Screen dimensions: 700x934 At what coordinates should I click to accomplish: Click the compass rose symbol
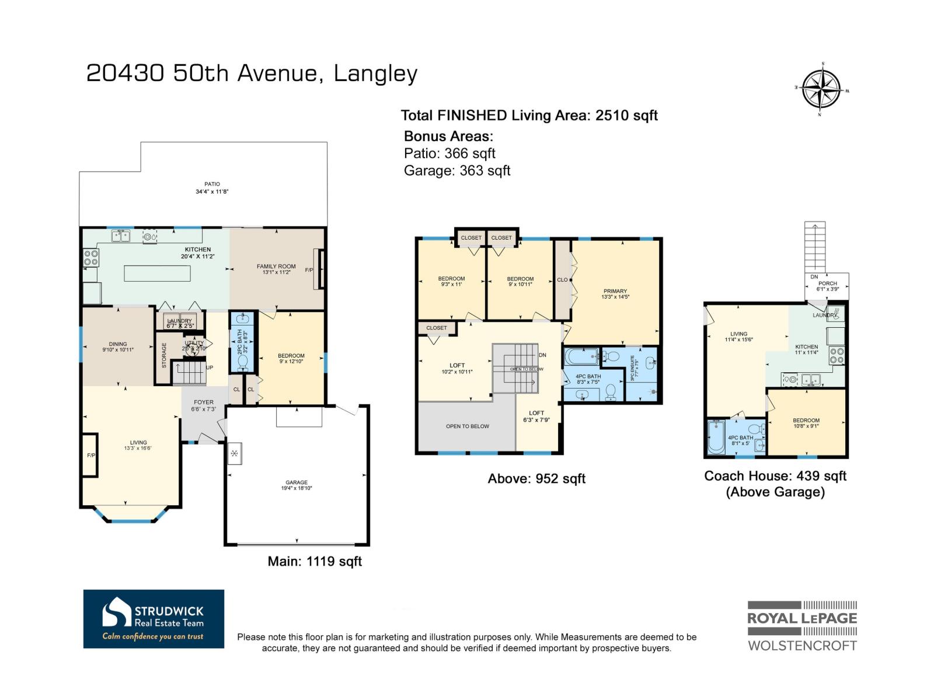[821, 89]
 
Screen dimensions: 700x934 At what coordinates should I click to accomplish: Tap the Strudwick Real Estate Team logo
[154, 619]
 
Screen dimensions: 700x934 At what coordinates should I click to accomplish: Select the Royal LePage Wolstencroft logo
[802, 626]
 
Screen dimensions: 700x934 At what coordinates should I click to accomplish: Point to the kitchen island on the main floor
[157, 273]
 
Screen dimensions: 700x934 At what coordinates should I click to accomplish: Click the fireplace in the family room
[318, 269]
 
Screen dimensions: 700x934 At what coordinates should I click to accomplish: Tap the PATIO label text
[212, 184]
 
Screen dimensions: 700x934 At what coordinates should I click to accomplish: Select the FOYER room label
[204, 402]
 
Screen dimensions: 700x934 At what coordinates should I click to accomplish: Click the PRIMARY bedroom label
[615, 291]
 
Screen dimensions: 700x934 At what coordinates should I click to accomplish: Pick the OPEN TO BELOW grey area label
[467, 426]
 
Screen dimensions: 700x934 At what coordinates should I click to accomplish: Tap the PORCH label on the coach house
[828, 283]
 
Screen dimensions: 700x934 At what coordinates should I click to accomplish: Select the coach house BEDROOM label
[806, 421]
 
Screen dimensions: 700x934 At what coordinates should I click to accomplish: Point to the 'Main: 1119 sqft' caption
[315, 561]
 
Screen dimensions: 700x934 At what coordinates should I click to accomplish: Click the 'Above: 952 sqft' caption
[536, 479]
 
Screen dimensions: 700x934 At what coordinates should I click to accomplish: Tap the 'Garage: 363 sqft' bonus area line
[457, 170]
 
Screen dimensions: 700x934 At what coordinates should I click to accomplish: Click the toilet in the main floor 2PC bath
[242, 362]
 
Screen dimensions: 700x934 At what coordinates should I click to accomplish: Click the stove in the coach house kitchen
[836, 356]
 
